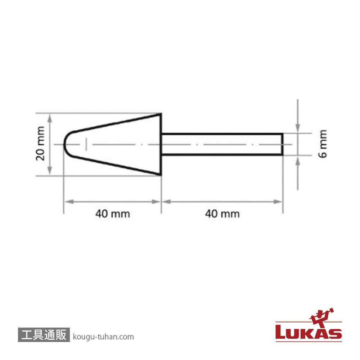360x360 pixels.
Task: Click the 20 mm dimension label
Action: [x=40, y=144]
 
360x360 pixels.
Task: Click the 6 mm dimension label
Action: [x=323, y=144]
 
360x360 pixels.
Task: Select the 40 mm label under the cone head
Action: [x=112, y=214]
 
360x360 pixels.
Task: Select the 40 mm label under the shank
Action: [x=222, y=214]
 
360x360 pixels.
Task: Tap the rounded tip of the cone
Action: [x=64, y=144]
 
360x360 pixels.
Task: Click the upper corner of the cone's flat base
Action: [x=161, y=113]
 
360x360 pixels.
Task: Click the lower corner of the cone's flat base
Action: [x=161, y=175]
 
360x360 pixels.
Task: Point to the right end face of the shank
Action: [x=282, y=144]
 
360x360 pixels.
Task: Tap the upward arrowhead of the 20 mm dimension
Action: [x=50, y=118]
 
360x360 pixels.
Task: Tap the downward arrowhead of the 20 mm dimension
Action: [x=50, y=171]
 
